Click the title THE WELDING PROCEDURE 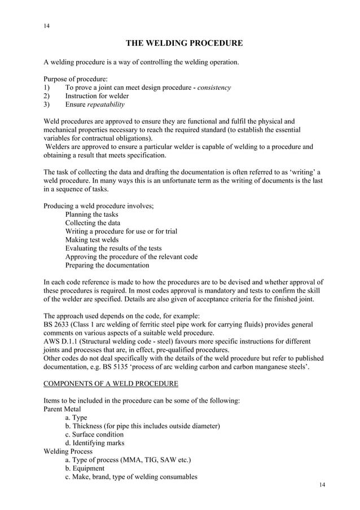pos(184,43)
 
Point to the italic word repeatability pos(106,104)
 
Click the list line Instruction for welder pos(97,96)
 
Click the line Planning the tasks pos(91,215)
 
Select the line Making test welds pos(92,240)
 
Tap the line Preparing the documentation pos(107,265)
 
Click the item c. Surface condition pos(94,434)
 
